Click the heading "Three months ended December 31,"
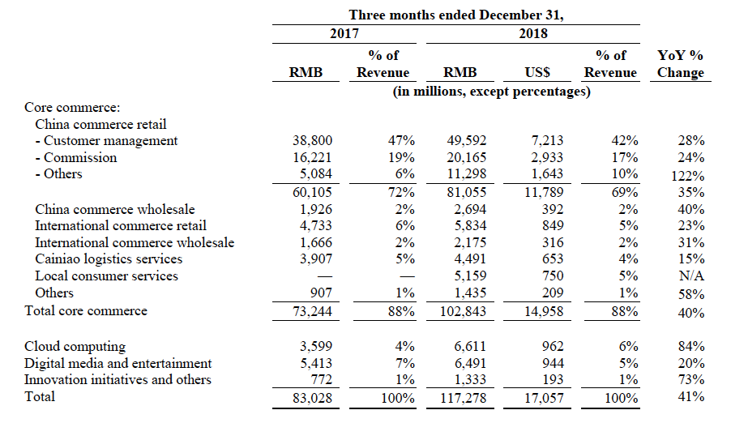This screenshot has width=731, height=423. (x=454, y=15)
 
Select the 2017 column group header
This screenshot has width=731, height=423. (x=344, y=34)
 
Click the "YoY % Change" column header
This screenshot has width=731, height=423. (x=680, y=64)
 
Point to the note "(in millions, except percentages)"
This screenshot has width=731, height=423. (x=491, y=92)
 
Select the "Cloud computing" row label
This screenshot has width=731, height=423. (x=75, y=346)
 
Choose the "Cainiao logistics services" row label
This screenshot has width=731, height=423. (x=109, y=259)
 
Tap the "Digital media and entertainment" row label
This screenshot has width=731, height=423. (x=118, y=363)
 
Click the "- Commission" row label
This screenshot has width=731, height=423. (x=76, y=157)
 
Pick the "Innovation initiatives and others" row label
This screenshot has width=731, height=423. (x=118, y=380)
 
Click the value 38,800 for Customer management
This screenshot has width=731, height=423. (x=312, y=141)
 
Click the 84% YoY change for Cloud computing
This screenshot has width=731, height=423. (x=691, y=347)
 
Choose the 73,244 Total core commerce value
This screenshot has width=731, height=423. (x=312, y=312)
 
